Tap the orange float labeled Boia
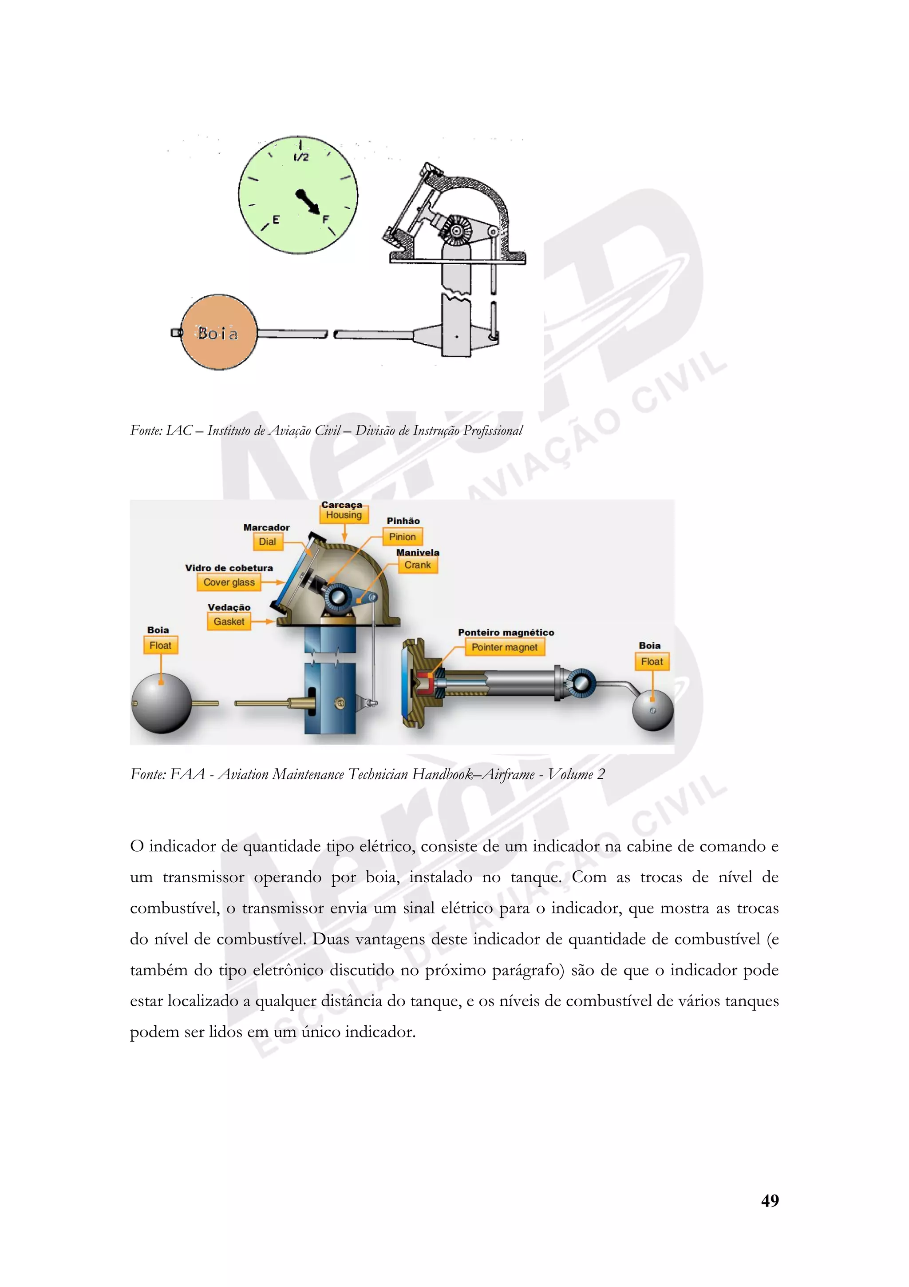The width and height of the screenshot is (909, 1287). (x=219, y=332)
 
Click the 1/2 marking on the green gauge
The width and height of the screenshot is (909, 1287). (x=301, y=157)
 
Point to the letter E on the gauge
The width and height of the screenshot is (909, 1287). (x=276, y=220)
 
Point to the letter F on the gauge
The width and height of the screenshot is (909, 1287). (x=325, y=220)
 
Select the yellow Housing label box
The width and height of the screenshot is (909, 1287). (x=344, y=514)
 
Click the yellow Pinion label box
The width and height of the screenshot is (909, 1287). (x=402, y=537)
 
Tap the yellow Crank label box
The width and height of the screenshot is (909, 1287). (x=417, y=565)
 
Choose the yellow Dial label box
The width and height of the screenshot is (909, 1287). (x=267, y=542)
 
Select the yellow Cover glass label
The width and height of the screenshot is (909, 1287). (x=229, y=582)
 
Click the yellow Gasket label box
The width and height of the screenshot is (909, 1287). (x=229, y=622)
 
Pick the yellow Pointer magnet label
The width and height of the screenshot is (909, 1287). (x=504, y=647)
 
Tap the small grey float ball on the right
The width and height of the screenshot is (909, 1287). (x=653, y=710)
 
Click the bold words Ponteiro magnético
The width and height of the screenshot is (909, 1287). (x=506, y=632)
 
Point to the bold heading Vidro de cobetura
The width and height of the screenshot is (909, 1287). (x=229, y=568)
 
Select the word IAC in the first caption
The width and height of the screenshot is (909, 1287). (x=179, y=430)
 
